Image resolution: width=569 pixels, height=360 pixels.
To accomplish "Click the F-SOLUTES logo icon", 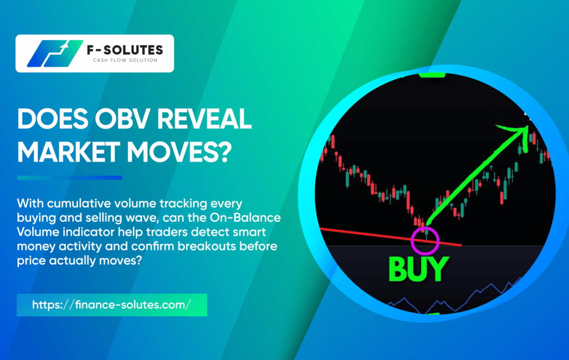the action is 55,54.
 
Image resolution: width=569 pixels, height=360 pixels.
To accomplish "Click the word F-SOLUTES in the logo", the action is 125,49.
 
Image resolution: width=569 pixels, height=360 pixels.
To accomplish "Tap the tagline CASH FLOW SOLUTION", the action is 125,60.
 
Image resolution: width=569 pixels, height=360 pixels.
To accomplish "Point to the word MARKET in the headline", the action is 68,152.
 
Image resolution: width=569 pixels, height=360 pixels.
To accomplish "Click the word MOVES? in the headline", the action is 179,152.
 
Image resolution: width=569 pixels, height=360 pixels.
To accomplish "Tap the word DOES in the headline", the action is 53,119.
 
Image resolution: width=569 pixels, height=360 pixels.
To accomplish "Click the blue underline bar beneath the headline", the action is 69,178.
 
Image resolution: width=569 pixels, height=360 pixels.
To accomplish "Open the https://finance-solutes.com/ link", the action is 111,305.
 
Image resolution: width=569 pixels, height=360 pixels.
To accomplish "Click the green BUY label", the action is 418,269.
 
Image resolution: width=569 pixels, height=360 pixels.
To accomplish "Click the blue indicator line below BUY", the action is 453,298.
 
